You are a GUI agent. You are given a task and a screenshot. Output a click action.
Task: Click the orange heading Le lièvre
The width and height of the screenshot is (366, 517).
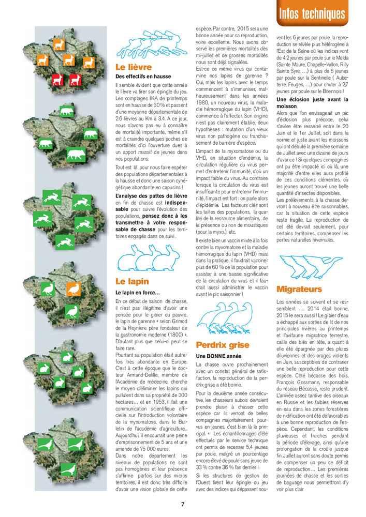click(133, 67)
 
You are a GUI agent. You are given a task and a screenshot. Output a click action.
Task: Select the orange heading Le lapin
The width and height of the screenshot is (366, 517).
click(131, 281)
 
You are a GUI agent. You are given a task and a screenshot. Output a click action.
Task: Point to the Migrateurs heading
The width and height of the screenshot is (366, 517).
click(299, 288)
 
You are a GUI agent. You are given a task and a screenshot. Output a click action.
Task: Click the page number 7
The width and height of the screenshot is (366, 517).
click(183, 504)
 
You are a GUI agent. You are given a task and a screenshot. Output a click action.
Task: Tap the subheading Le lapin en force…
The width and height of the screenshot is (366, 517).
click(137, 293)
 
